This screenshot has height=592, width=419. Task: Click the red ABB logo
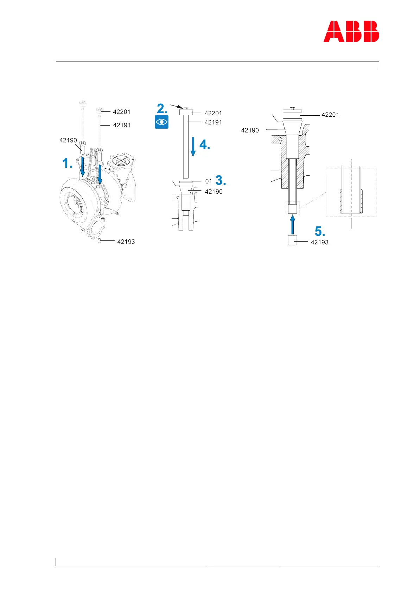coord(351,32)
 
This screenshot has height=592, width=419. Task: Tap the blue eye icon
coord(162,122)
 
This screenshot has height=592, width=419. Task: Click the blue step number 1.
coord(67,163)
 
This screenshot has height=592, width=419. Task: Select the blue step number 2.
coord(162,108)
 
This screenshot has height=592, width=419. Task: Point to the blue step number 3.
coord(221,180)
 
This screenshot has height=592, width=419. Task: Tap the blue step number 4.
coord(204,144)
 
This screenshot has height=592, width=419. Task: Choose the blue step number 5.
coord(319,231)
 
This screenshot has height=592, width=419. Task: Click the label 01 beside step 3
coord(209,181)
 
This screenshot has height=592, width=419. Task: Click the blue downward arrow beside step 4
coord(193,146)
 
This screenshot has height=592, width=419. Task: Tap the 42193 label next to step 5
coord(319,242)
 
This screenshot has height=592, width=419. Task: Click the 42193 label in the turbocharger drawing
coord(126,242)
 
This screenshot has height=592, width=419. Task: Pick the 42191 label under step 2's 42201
coord(213,122)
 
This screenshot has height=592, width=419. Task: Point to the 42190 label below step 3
coord(214,192)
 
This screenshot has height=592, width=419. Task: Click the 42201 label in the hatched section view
coord(330,115)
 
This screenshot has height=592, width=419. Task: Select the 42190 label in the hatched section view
coord(250,130)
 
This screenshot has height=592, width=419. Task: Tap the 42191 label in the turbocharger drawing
coord(122,125)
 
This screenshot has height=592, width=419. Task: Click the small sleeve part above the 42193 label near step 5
coord(292,240)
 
